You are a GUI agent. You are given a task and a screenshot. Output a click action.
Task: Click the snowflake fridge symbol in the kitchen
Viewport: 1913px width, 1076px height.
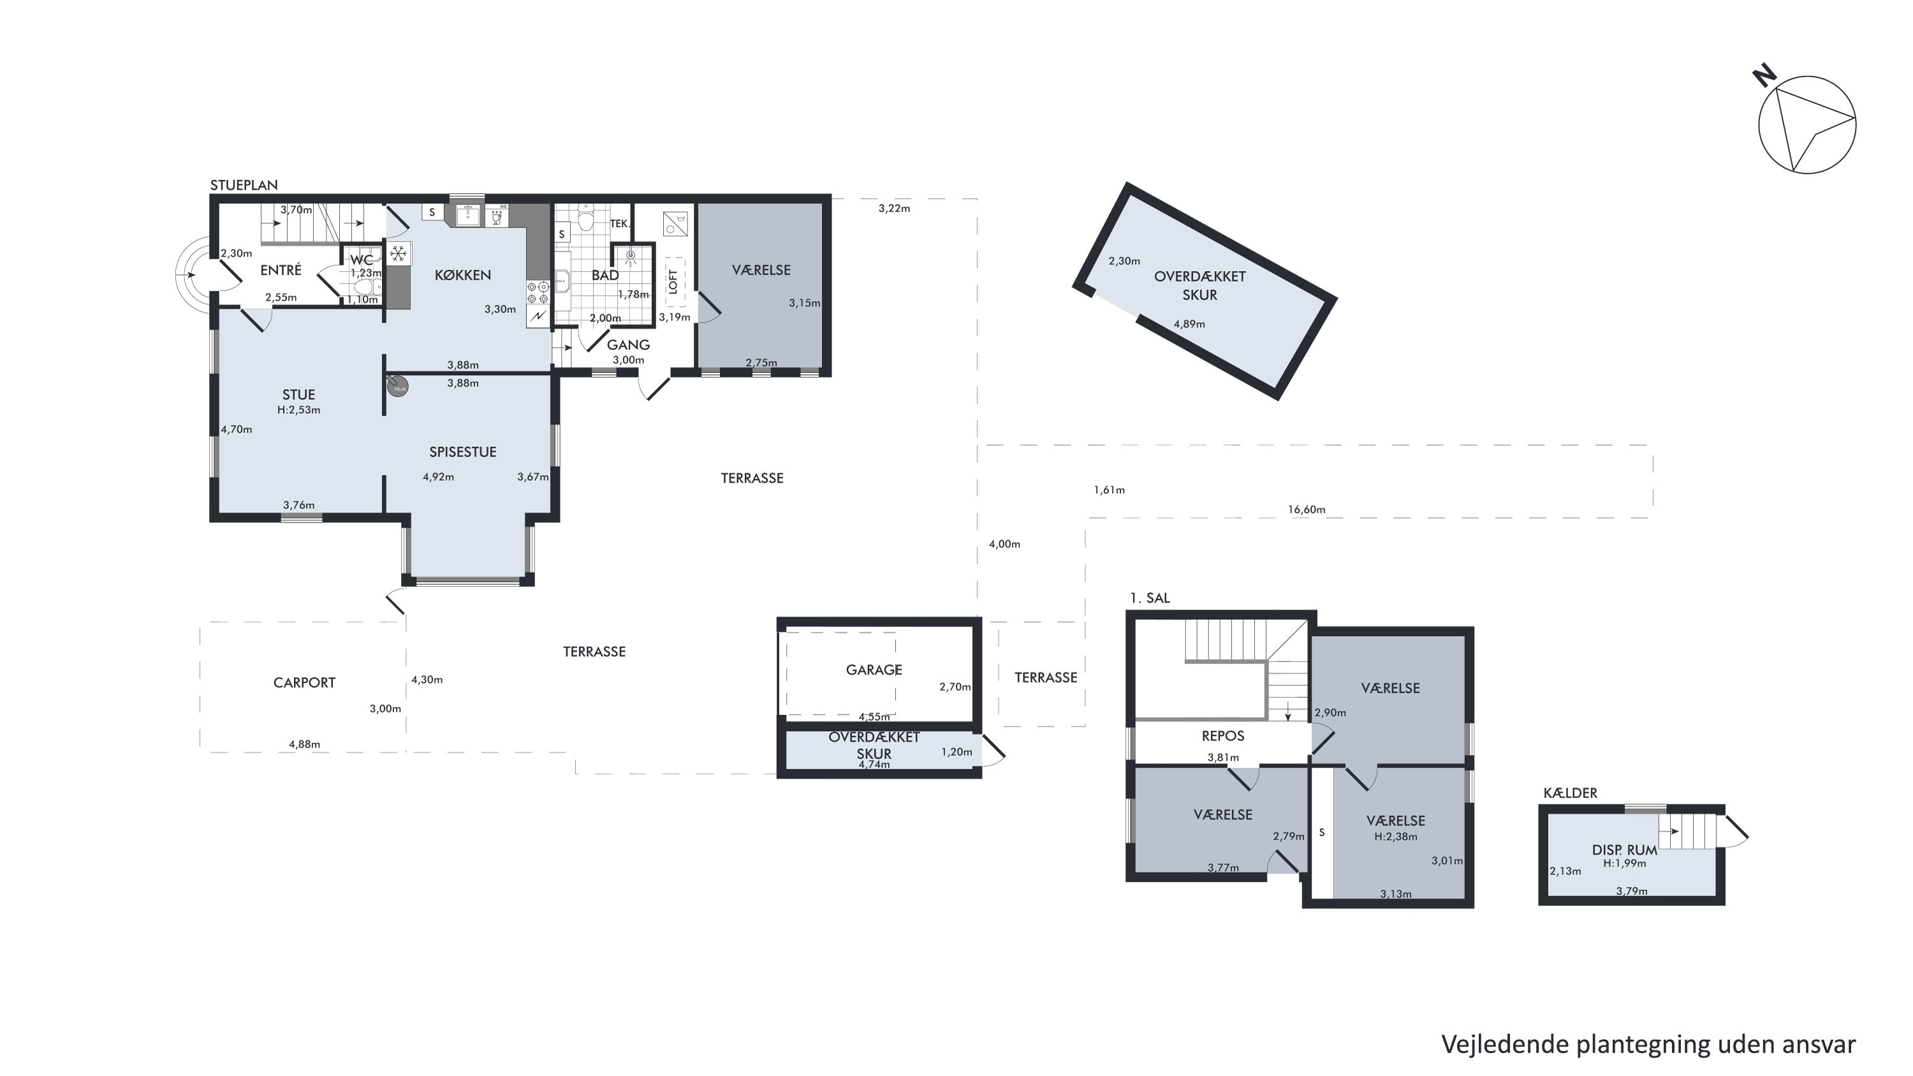[398, 254]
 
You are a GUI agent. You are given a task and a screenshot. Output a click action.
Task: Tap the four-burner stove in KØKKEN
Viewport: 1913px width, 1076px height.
[538, 293]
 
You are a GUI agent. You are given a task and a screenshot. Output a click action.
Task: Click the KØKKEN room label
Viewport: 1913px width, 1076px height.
[463, 275]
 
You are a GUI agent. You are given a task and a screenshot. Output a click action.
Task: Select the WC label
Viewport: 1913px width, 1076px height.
[362, 260]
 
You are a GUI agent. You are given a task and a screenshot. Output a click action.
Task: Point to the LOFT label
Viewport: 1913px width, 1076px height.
[673, 281]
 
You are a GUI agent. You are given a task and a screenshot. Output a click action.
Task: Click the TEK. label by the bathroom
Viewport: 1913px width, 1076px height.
[619, 223]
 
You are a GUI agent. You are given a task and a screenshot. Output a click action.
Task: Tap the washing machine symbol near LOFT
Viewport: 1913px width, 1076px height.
[675, 223]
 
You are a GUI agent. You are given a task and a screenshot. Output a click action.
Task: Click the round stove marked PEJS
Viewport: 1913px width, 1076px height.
[399, 387]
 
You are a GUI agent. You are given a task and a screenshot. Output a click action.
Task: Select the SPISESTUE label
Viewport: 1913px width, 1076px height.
[463, 452]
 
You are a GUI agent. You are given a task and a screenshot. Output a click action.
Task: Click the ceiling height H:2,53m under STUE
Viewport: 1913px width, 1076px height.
[298, 410]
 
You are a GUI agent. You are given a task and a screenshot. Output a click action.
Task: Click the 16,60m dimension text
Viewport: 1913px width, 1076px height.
[1307, 510]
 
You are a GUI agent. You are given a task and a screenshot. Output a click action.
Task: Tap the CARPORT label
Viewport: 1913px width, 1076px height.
[304, 682]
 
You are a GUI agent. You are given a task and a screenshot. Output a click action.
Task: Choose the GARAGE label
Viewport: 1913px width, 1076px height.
[874, 670]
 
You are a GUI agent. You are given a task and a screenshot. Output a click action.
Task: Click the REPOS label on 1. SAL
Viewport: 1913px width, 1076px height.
[1222, 736]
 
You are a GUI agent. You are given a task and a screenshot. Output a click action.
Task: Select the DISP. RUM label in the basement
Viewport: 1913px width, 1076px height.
[1625, 850]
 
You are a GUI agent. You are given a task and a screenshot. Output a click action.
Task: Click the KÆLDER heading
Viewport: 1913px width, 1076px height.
[1570, 793]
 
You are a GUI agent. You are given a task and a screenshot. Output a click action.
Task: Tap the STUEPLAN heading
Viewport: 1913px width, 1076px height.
[244, 185]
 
